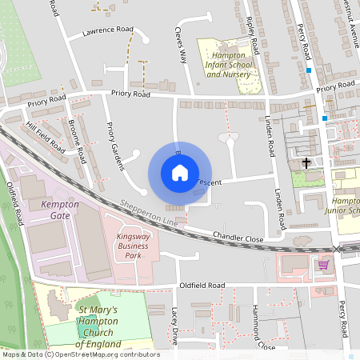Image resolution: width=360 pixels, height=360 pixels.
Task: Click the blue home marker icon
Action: (x=180, y=173)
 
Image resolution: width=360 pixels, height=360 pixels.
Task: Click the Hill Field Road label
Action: (x=46, y=138)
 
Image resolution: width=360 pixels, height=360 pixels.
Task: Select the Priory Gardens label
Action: (x=116, y=146)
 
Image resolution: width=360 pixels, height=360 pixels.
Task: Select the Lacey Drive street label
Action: (x=177, y=326)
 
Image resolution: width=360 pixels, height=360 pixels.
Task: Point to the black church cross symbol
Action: (x=306, y=163)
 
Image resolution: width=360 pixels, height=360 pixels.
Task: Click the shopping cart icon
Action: (x=323, y=264)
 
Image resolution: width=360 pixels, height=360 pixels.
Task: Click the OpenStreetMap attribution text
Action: (x=80, y=354)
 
